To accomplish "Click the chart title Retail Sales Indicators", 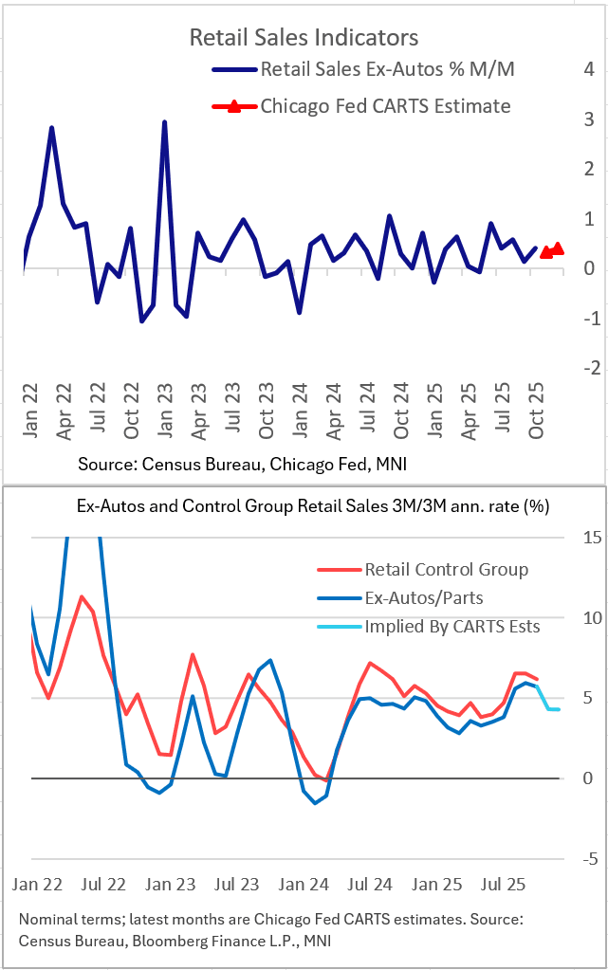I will pyautogui.click(x=304, y=38).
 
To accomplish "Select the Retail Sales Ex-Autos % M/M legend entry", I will pyautogui.click(x=386, y=69).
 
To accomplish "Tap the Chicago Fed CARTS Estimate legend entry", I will pyautogui.click(x=385, y=106).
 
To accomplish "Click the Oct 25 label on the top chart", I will pyautogui.click(x=536, y=418).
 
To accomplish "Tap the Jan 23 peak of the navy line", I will pyautogui.click(x=165, y=123).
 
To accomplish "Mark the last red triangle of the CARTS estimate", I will pyautogui.click(x=558, y=248).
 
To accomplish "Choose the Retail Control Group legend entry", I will pyautogui.click(x=446, y=570).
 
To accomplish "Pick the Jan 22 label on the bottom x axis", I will pyautogui.click(x=37, y=885).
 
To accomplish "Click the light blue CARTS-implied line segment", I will pyautogui.click(x=549, y=707).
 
